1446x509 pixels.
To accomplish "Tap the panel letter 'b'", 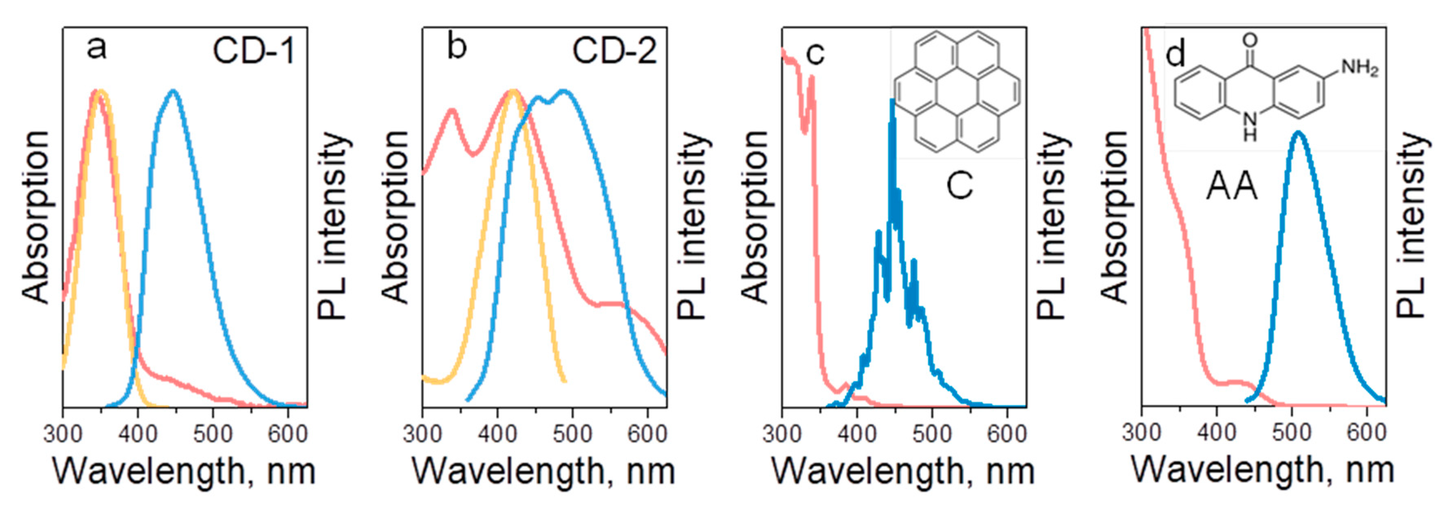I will tap(456, 47).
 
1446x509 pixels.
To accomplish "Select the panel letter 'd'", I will tap(1175, 55).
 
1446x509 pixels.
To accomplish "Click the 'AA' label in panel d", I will tap(1232, 187).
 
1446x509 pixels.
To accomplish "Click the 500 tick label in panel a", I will tap(213, 434).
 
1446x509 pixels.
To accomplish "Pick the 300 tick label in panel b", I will tap(422, 434).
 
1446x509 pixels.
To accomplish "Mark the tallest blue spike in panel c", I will tap(892, 101).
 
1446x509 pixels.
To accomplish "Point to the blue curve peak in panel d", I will tap(1297, 134).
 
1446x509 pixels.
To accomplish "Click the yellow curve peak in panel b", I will tap(513, 91).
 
